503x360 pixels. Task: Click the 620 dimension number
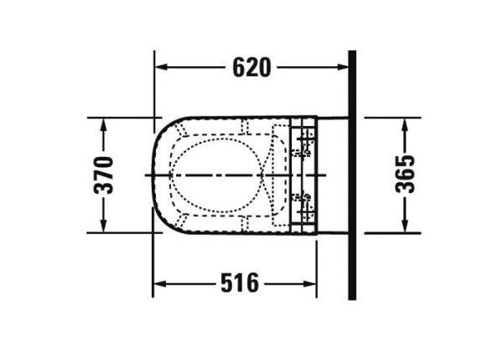(x=251, y=67)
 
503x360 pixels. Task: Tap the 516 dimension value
(x=240, y=283)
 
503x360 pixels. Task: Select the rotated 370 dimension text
(x=104, y=175)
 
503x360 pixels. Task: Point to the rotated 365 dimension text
(x=405, y=174)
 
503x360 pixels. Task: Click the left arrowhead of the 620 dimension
(x=161, y=67)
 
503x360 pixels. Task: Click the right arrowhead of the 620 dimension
(x=342, y=67)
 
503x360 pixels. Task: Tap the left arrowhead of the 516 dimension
(x=159, y=284)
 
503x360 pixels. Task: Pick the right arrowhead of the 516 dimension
(x=310, y=284)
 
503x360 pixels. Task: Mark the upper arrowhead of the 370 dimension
(x=103, y=124)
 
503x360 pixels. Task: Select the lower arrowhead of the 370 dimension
(x=103, y=226)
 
